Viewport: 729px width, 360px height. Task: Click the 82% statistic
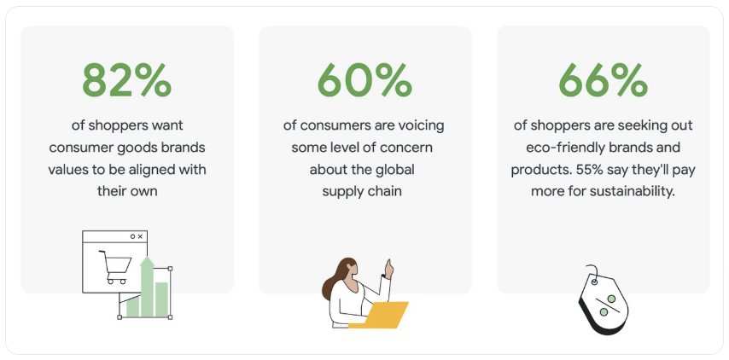click(x=126, y=81)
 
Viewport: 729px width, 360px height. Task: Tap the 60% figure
click(x=364, y=81)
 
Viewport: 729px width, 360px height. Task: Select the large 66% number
click(x=603, y=81)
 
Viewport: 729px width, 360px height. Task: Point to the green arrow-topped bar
click(x=146, y=285)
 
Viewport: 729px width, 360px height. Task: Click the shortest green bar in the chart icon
click(x=132, y=306)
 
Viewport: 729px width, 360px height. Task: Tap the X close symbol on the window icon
click(x=140, y=236)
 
